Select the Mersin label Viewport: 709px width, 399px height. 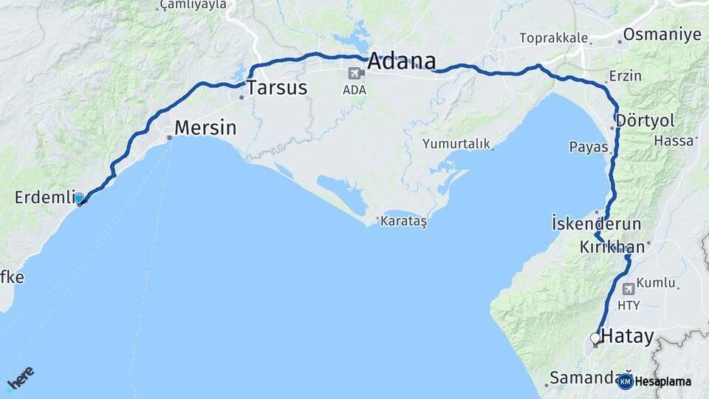coord(205,128)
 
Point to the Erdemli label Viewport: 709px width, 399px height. coord(43,197)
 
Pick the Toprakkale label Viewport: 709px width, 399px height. coord(554,38)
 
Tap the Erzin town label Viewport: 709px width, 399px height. coord(625,76)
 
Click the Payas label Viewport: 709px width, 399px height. coord(588,147)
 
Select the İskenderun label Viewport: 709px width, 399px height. coord(596,223)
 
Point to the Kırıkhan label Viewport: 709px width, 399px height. coord(612,247)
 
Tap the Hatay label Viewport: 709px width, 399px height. coord(628,337)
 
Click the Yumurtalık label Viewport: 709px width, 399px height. coord(456,144)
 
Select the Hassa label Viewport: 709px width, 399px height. coord(674,140)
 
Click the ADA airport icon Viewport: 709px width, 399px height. coord(353,73)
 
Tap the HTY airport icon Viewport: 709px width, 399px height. coord(628,289)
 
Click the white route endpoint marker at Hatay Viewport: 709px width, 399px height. coord(595,338)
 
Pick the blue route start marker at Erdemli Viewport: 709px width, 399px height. coord(79,198)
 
